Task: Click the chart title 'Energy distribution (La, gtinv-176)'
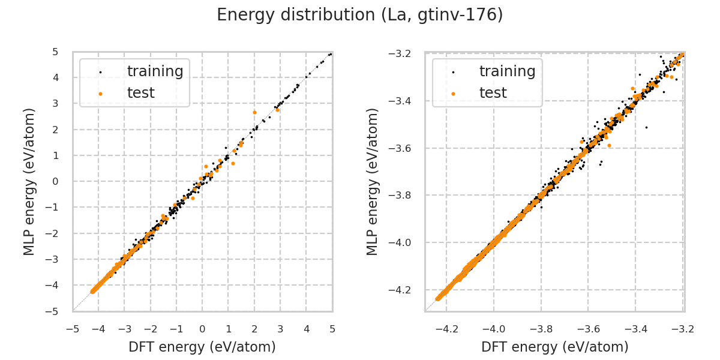tap(359, 15)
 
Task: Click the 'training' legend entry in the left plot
tap(155, 71)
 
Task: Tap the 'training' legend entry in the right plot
tap(507, 71)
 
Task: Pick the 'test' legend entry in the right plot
tap(493, 93)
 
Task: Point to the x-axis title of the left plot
tap(202, 347)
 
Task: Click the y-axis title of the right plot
tap(373, 181)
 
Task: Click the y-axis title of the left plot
tap(29, 181)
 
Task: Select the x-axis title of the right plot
tap(554, 347)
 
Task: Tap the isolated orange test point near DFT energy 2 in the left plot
tap(254, 112)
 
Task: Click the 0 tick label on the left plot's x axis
tap(202, 329)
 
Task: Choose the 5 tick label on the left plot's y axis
tap(55, 52)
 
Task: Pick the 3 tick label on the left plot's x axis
tap(280, 329)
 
